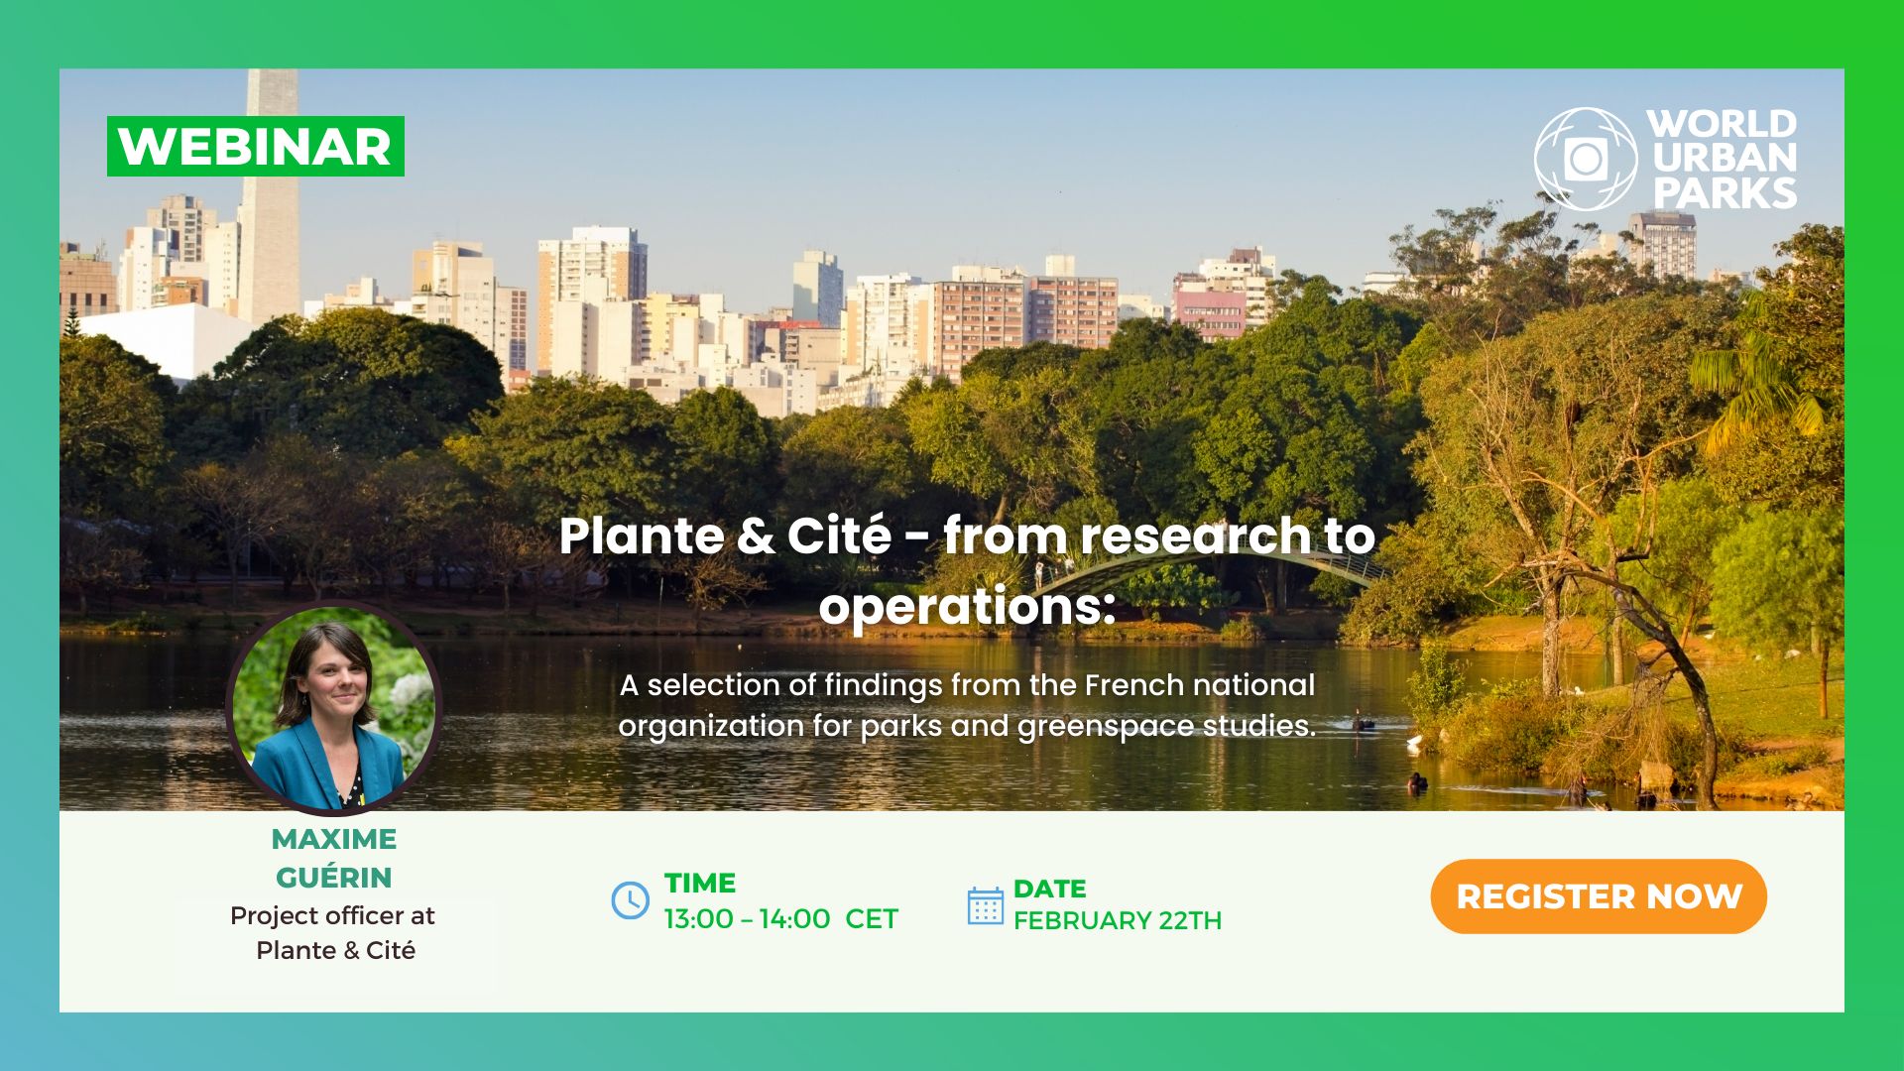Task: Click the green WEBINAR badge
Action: pyautogui.click(x=256, y=146)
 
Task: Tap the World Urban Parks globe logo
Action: pyautogui.click(x=1585, y=159)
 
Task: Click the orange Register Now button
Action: pyautogui.click(x=1599, y=896)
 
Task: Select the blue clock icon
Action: pyautogui.click(x=630, y=900)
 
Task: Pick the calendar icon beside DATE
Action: pyautogui.click(x=985, y=905)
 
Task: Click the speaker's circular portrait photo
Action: pyautogui.click(x=333, y=709)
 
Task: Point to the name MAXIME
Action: pyautogui.click(x=334, y=839)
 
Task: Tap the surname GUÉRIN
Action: pyautogui.click(x=334, y=877)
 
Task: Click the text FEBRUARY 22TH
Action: pyautogui.click(x=1118, y=920)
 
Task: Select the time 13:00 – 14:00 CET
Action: pyautogui.click(x=781, y=919)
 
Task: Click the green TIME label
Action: pyautogui.click(x=700, y=883)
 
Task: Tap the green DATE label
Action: pyautogui.click(x=1050, y=889)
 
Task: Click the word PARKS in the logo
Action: pyautogui.click(x=1725, y=192)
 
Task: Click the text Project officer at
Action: pyautogui.click(x=332, y=915)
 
